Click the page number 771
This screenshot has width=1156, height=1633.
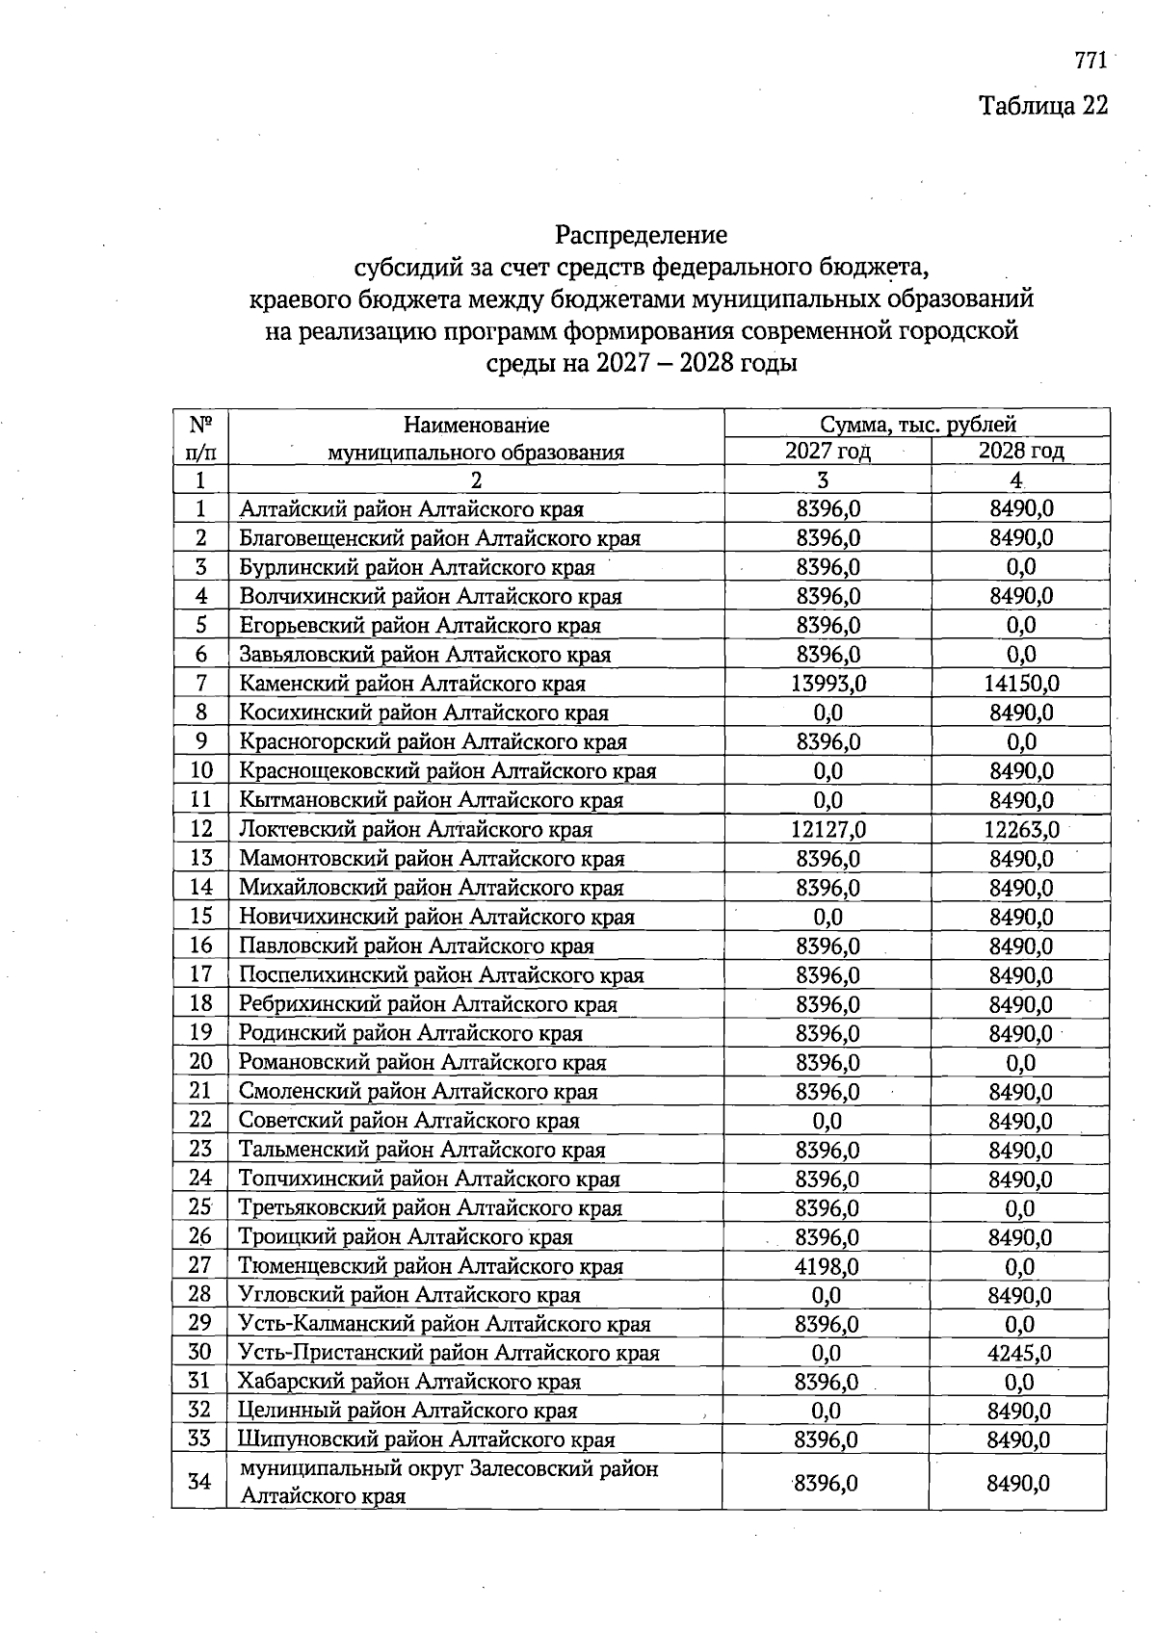[1090, 61]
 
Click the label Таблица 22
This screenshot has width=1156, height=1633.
[1043, 105]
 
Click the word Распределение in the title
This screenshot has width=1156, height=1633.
[641, 235]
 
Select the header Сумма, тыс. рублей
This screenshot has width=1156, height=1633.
[917, 424]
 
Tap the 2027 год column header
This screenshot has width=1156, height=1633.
[828, 451]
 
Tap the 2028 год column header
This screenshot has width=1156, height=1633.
[1020, 451]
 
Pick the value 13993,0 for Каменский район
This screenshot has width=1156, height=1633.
[828, 684]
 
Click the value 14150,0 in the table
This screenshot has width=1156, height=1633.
[1021, 684]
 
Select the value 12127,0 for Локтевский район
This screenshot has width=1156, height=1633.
[828, 829]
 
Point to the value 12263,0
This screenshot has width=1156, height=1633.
[1021, 829]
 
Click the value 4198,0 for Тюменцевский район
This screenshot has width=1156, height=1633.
[828, 1266]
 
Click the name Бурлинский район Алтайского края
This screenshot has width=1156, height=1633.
[416, 567]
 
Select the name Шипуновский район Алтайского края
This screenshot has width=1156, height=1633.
[426, 1439]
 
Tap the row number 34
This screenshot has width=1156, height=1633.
[199, 1481]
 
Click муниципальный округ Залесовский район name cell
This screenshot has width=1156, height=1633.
[449, 1482]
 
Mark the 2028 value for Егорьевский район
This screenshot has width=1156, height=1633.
[1021, 625]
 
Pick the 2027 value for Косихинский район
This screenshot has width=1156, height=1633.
[828, 713]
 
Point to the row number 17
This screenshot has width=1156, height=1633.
[200, 974]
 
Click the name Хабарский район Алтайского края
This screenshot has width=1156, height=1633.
[409, 1382]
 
